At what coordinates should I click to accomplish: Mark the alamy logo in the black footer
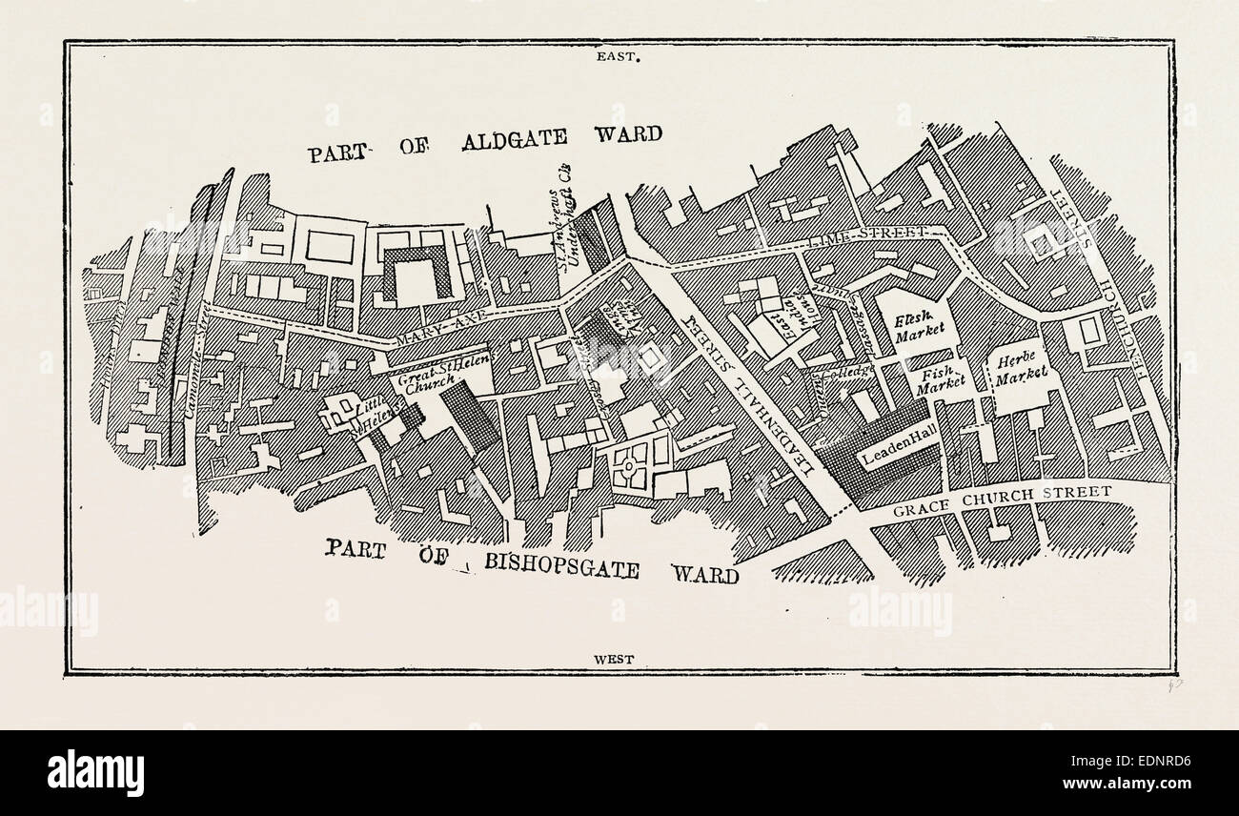point(95,771)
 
